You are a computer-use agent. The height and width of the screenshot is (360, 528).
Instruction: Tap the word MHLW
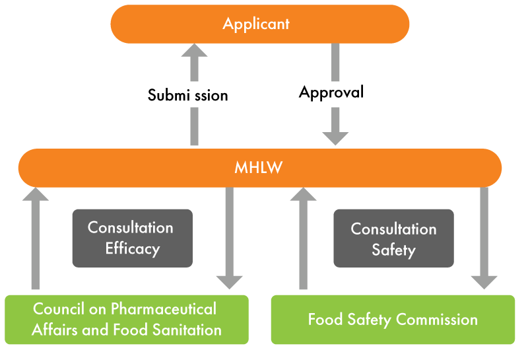coord(259,168)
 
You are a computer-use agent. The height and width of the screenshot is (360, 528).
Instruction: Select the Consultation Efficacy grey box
coord(132,238)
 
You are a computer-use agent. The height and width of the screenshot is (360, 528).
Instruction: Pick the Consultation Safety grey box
coord(393,238)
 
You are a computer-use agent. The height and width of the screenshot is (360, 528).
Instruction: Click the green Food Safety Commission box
coord(393,320)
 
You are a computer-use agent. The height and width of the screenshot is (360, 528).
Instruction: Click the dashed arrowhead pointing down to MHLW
coord(335,135)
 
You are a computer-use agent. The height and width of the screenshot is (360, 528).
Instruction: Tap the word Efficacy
coord(132,248)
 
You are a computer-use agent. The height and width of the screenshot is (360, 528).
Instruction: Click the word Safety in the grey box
coord(393,250)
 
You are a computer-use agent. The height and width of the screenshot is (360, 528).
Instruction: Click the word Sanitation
coord(185,330)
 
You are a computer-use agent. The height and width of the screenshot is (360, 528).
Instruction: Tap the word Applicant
coord(256,24)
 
